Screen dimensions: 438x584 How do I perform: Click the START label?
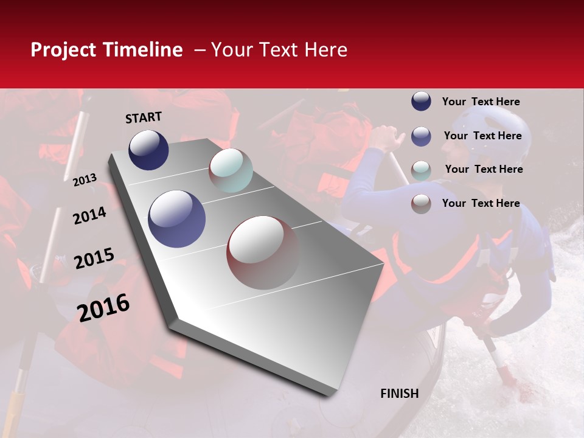click(x=144, y=117)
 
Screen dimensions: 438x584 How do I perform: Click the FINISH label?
click(x=400, y=394)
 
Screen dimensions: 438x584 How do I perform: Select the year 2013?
click(x=85, y=180)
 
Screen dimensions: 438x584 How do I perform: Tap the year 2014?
click(x=89, y=215)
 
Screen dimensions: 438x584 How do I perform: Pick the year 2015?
click(x=94, y=259)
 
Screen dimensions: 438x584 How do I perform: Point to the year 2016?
click(x=103, y=308)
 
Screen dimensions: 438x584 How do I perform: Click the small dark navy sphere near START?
click(x=148, y=150)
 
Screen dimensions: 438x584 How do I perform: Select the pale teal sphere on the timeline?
click(x=231, y=170)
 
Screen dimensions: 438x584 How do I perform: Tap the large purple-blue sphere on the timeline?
click(x=176, y=219)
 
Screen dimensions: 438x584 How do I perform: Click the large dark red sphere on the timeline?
click(x=263, y=252)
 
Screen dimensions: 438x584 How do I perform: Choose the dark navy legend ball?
click(x=421, y=102)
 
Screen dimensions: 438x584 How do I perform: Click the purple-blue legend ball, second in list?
click(x=421, y=136)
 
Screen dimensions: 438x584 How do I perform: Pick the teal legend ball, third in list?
click(x=421, y=170)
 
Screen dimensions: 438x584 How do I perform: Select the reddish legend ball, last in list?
click(x=421, y=204)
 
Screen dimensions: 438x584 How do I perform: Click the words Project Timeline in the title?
click(x=106, y=50)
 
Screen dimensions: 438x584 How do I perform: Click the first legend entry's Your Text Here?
click(x=481, y=102)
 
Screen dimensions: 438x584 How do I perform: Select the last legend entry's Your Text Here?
click(x=481, y=203)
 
